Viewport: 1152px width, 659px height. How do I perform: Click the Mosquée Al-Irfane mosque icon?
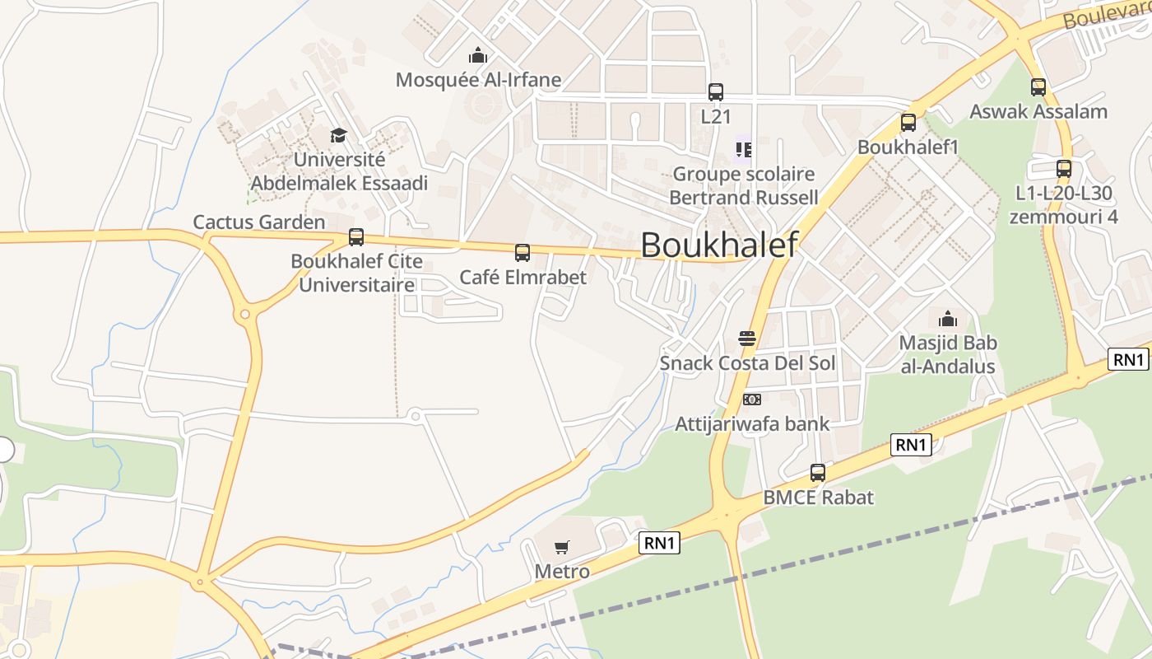click(477, 56)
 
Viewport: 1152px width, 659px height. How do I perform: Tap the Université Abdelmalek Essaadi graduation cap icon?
click(338, 135)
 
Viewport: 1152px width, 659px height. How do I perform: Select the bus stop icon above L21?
click(716, 91)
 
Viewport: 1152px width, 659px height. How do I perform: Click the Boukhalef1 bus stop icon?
click(908, 123)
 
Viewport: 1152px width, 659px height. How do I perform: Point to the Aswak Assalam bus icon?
click(1038, 86)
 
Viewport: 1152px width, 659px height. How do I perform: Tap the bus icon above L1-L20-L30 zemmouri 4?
click(1064, 169)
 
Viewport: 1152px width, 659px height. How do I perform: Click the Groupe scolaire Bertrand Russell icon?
click(744, 150)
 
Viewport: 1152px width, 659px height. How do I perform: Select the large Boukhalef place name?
click(719, 245)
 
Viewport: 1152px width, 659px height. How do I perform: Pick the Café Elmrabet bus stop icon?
click(523, 253)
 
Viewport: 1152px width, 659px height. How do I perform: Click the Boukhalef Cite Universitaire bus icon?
click(356, 237)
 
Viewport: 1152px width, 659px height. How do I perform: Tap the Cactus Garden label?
click(259, 222)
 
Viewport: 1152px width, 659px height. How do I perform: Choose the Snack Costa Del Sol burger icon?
click(747, 339)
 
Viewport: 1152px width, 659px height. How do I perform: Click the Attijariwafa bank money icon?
click(752, 400)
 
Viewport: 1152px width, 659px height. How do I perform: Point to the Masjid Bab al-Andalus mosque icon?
click(948, 318)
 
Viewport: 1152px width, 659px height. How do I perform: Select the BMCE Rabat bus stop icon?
click(818, 473)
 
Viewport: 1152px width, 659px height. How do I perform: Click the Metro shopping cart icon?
click(562, 547)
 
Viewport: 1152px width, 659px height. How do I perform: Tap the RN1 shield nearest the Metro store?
click(660, 542)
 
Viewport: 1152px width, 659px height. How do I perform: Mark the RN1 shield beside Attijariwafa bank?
click(911, 445)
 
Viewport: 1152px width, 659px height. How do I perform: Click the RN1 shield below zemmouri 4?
click(1128, 359)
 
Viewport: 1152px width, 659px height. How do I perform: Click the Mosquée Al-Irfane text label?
click(478, 80)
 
